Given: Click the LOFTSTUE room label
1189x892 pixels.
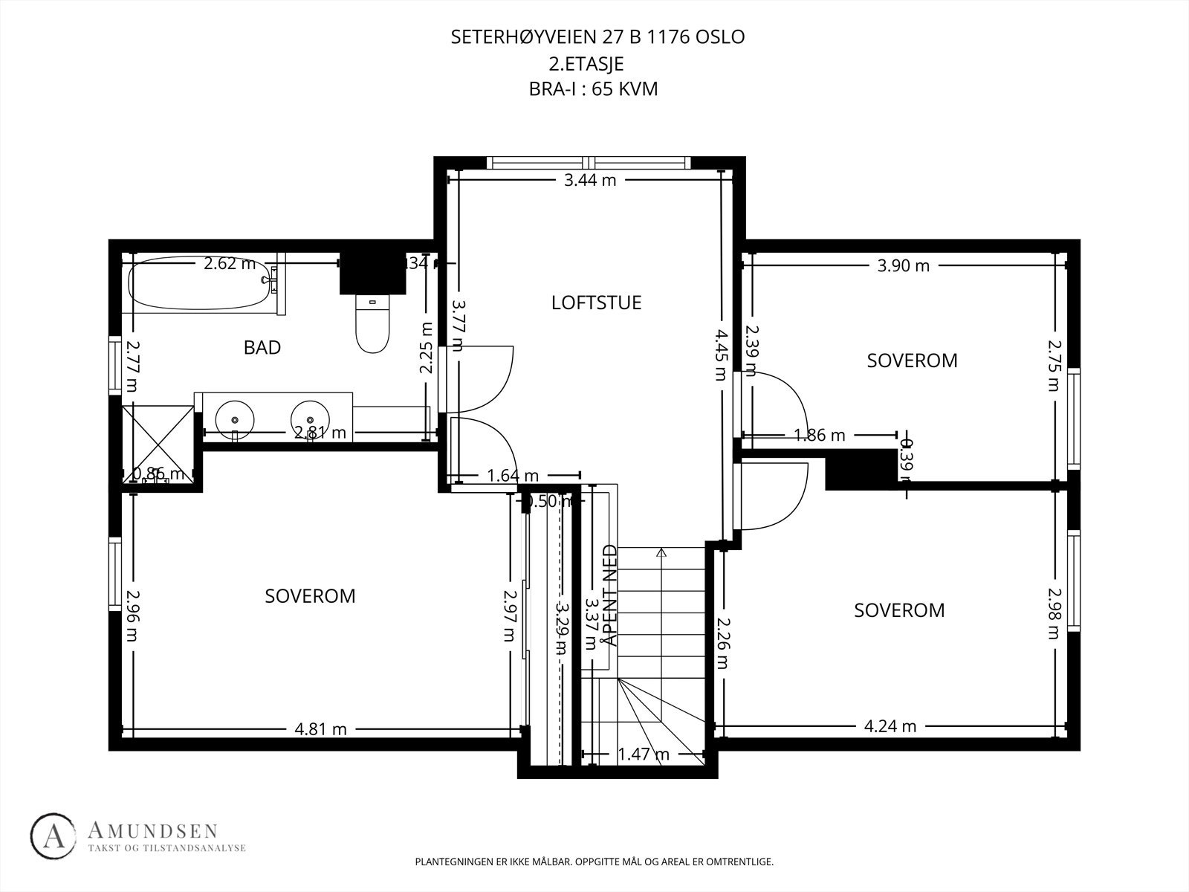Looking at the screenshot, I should (596, 303).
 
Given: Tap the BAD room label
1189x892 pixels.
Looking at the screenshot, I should (262, 347).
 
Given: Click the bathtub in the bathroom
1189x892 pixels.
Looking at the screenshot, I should (199, 283).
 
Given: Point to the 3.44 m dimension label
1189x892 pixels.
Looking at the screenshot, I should (590, 179).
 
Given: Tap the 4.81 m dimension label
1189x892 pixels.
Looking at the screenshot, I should (320, 729).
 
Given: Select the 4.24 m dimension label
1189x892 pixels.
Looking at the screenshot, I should (890, 725).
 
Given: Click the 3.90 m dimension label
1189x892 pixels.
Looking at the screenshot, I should (903, 265).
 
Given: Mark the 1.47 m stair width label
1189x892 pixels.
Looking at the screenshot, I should (644, 754).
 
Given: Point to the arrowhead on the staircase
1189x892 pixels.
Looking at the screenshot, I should (661, 552).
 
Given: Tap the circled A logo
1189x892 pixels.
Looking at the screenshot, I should (54, 837).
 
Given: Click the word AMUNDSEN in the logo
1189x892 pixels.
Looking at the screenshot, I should (152, 831).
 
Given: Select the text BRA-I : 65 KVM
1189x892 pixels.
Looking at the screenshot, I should (593, 89).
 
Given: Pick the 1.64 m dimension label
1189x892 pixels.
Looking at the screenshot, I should (513, 476).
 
